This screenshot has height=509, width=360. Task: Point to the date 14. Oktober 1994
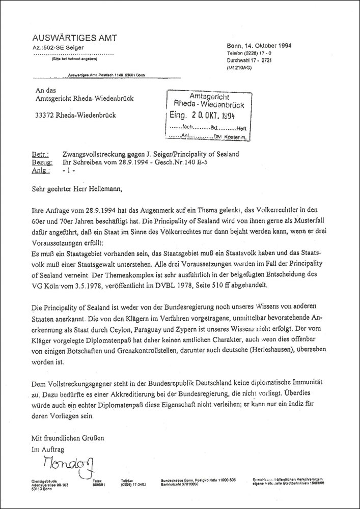[x=270, y=45]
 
